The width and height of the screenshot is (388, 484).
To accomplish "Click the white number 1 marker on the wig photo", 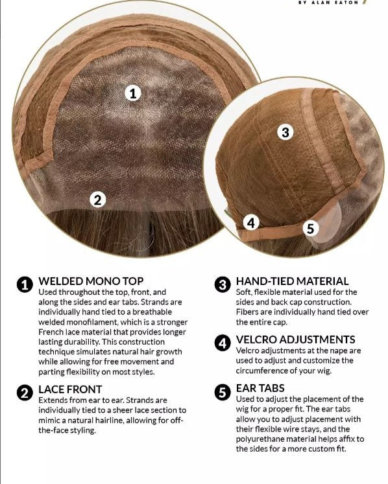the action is pyautogui.click(x=133, y=93).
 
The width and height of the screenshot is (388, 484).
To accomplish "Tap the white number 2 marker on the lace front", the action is pyautogui.click(x=98, y=200).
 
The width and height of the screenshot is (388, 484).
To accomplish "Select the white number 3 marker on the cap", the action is pyautogui.click(x=285, y=132).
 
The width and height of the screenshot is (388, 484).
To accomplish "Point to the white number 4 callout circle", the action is pyautogui.click(x=251, y=222).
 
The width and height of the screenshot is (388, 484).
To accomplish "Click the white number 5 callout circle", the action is pyautogui.click(x=310, y=229).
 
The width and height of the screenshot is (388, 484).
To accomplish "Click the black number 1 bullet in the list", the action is pyautogui.click(x=25, y=284).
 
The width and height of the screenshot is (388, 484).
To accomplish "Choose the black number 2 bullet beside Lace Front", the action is pyautogui.click(x=25, y=393).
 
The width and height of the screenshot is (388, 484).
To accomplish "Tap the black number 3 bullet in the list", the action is pyautogui.click(x=223, y=284).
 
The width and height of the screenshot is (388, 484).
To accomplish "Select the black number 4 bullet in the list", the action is pyautogui.click(x=223, y=343).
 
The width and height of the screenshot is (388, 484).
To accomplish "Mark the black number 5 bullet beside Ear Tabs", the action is pyautogui.click(x=223, y=393).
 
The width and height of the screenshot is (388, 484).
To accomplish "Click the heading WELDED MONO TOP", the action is pyautogui.click(x=91, y=281).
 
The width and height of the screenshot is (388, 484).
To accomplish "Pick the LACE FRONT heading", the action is pyautogui.click(x=70, y=389).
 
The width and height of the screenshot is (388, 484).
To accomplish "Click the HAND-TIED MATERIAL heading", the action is pyautogui.click(x=292, y=281).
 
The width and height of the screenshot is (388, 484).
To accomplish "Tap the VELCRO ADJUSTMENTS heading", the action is pyautogui.click(x=296, y=340).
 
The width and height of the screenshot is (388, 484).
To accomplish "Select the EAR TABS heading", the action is pyautogui.click(x=260, y=388).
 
